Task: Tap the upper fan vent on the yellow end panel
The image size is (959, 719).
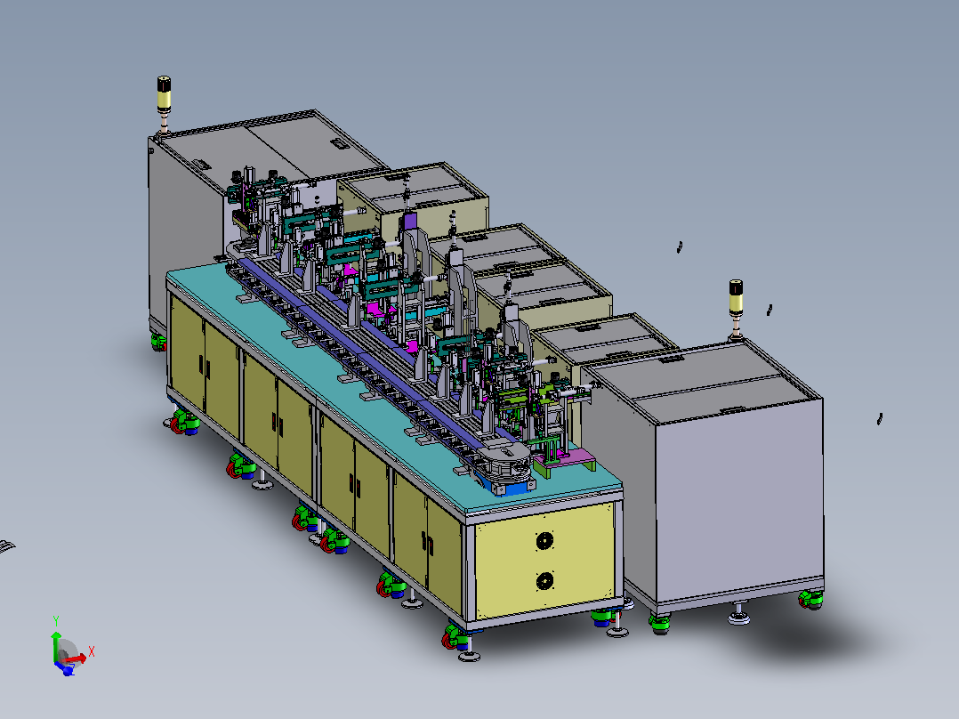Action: coord(545,541)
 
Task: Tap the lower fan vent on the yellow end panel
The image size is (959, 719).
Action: coord(545,581)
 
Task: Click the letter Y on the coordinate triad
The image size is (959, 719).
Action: coord(56,622)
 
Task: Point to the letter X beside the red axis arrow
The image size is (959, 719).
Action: coord(91,651)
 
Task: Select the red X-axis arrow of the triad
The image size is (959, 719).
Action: coord(72,659)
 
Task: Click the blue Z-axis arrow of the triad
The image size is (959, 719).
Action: coord(64,667)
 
